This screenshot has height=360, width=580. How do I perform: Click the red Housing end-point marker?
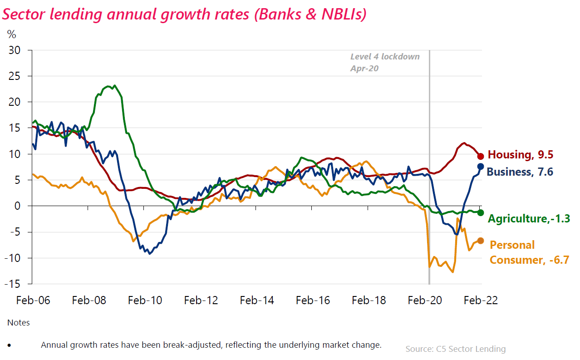(481, 156)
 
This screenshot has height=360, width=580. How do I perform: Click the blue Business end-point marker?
(481, 167)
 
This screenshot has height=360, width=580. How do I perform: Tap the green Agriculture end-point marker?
(481, 212)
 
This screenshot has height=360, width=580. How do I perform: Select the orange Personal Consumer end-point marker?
(481, 241)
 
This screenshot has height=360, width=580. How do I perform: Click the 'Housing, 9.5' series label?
(520, 155)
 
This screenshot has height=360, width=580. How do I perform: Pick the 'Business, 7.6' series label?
(520, 172)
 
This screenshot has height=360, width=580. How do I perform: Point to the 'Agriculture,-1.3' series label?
(529, 219)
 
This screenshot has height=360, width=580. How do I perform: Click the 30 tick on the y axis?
(15, 50)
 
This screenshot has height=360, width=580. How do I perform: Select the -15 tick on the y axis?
(14, 284)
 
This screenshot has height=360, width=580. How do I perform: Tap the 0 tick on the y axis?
(18, 206)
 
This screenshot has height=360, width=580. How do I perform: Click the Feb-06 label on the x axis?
(33, 301)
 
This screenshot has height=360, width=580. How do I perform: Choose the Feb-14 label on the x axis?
(257, 301)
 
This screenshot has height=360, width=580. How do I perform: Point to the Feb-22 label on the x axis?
(481, 301)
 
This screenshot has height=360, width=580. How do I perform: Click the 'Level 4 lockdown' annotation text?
(385, 57)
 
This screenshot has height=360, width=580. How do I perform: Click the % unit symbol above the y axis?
(11, 34)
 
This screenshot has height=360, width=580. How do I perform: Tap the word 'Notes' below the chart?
(19, 323)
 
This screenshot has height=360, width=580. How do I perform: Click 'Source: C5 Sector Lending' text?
(455, 349)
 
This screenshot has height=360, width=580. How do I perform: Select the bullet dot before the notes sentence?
(10, 345)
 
